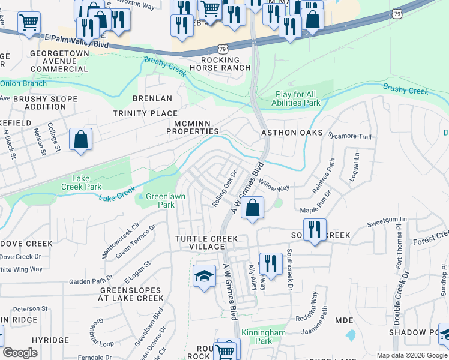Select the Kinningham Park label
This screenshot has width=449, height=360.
point(263,337)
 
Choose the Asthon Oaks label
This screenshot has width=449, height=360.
point(292,133)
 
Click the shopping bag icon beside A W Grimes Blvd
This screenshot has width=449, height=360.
point(253,208)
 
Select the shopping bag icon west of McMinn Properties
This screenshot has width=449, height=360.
point(80,140)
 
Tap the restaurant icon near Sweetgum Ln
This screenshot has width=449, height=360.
point(314,229)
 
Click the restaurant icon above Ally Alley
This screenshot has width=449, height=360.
point(271,263)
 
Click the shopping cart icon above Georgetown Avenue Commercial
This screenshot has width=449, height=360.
point(28,23)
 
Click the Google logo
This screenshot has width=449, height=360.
point(20,353)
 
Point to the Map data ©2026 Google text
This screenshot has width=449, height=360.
point(411,355)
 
